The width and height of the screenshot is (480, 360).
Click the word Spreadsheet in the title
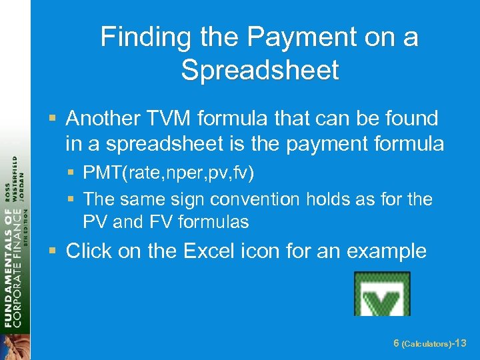[x=259, y=70]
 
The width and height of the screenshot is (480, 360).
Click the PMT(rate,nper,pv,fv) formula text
[x=169, y=173]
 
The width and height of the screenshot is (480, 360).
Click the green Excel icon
[x=381, y=293]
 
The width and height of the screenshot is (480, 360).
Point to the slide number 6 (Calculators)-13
[x=429, y=343]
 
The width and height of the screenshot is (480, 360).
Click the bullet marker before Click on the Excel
[x=53, y=251]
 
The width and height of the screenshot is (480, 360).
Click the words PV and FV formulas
[x=166, y=221]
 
